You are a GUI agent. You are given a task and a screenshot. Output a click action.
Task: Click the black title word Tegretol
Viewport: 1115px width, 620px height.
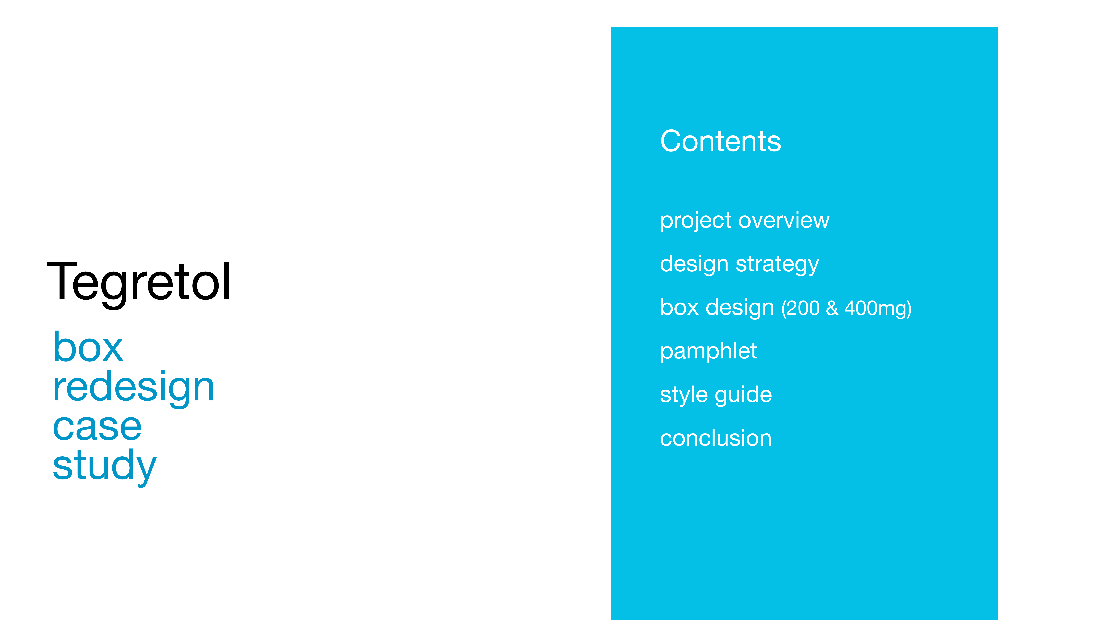pyautogui.click(x=139, y=283)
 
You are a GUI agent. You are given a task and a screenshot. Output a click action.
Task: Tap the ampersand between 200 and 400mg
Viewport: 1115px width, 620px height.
pyautogui.click(x=832, y=309)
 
